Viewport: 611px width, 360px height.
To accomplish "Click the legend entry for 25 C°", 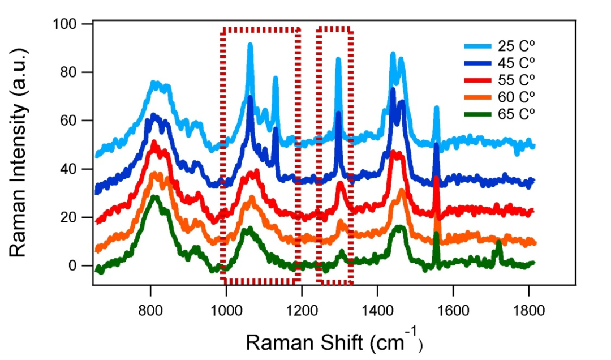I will [498, 46].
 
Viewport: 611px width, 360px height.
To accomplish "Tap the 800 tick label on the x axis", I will [150, 308].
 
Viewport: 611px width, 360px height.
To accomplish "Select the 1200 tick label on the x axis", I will [302, 308].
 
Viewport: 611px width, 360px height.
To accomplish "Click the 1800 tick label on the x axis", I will [528, 308].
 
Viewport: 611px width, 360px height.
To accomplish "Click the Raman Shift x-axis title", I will [334, 341].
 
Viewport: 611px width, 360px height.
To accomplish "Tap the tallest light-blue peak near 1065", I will [250, 45].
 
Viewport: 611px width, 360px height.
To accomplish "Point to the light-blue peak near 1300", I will [338, 59].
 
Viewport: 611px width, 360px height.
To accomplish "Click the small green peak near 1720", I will [498, 242].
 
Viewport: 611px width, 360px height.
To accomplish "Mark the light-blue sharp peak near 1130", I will [276, 78].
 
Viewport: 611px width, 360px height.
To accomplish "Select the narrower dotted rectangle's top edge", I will [335, 28].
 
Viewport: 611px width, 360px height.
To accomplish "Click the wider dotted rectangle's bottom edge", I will [260, 281].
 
